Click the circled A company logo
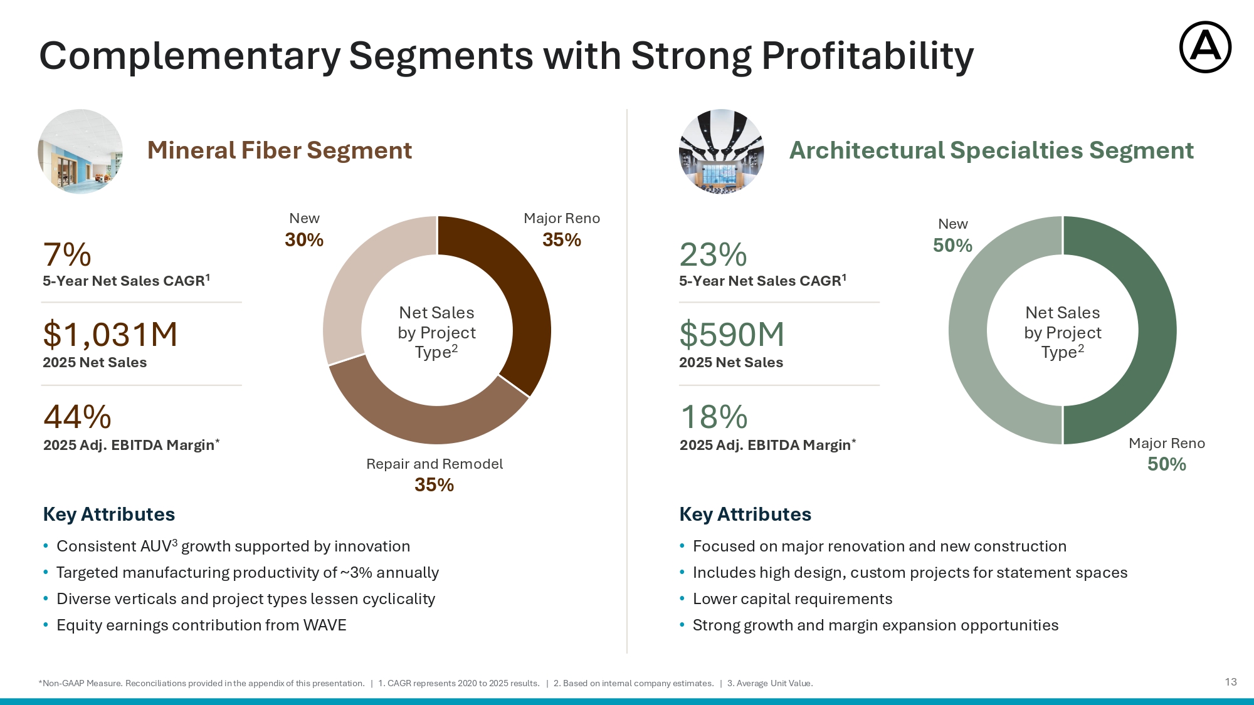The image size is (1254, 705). click(1205, 48)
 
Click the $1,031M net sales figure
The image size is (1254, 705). click(110, 335)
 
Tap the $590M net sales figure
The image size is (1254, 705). click(732, 335)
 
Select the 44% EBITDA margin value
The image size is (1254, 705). click(77, 417)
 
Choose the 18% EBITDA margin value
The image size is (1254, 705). click(714, 417)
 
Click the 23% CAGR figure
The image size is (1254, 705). click(713, 255)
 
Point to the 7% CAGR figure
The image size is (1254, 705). click(67, 255)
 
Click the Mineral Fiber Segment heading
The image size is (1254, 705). click(280, 150)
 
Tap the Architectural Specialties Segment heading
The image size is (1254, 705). click(991, 150)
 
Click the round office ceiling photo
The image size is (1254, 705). click(80, 152)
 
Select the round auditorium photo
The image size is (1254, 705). click(722, 152)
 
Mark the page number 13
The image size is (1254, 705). click(1231, 682)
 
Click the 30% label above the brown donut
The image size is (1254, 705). click(304, 239)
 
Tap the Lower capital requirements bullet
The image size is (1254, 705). click(793, 599)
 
